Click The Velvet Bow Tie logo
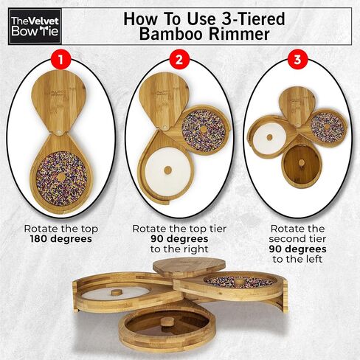(x=35, y=27)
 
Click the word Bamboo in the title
(x=172, y=34)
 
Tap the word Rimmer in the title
(x=239, y=34)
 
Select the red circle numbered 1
(x=60, y=60)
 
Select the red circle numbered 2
(x=179, y=60)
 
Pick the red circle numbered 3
(x=297, y=60)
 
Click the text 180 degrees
(x=61, y=239)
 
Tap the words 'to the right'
(x=179, y=249)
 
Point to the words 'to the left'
(x=297, y=259)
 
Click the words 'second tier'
(x=297, y=239)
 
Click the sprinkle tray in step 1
(x=61, y=179)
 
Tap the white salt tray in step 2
(x=168, y=170)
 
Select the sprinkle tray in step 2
(x=204, y=130)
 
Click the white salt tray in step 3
(x=269, y=137)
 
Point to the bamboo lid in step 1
(x=59, y=100)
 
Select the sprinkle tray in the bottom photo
(x=239, y=282)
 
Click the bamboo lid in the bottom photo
(x=189, y=267)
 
